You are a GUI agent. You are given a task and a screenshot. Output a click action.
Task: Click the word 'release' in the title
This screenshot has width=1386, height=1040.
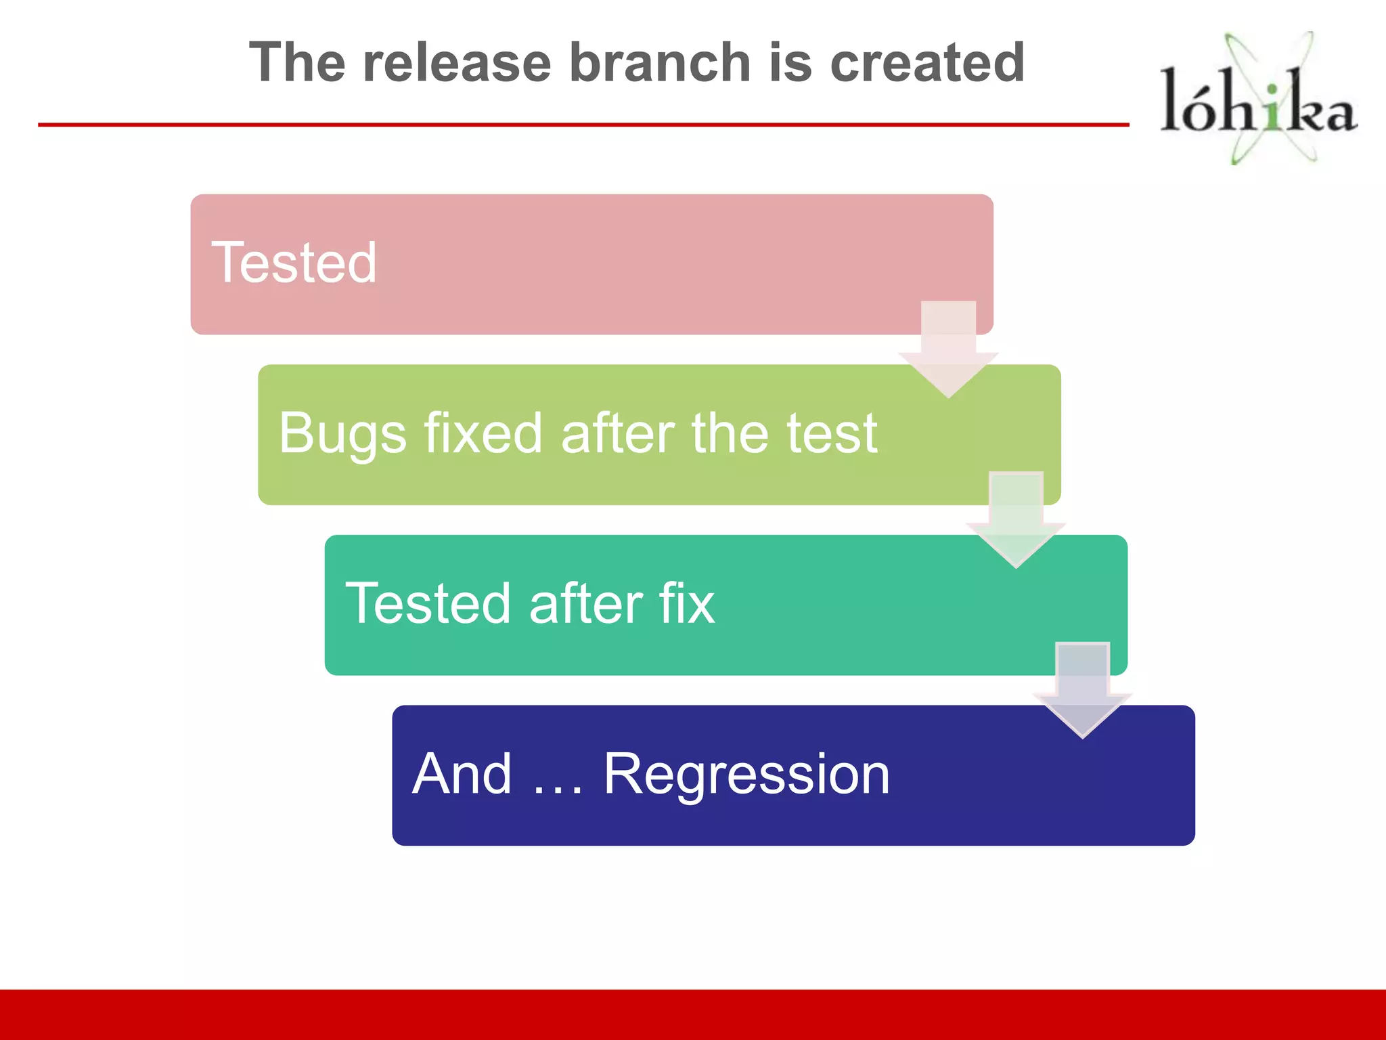tap(457, 62)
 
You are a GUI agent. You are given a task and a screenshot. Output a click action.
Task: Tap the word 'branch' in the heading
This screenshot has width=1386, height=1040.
tap(659, 62)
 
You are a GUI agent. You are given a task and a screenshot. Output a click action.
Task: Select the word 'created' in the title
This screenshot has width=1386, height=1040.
tap(926, 62)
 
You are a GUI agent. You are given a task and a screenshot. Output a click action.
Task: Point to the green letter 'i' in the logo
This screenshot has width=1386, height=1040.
tap(1273, 108)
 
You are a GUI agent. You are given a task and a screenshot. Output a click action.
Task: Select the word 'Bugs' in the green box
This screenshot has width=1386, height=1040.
tap(342, 434)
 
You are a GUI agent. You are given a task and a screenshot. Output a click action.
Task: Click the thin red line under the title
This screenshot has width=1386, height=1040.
tap(582, 125)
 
